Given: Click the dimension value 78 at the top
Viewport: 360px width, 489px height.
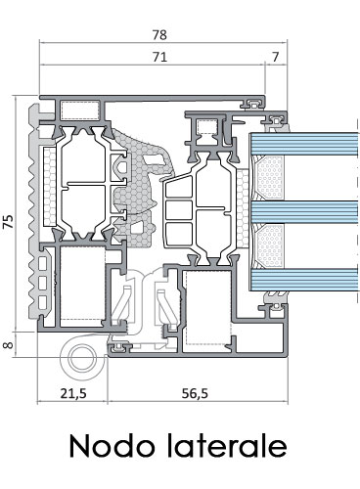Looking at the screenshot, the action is [x=159, y=35].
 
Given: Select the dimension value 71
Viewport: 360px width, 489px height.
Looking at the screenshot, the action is [x=159, y=57].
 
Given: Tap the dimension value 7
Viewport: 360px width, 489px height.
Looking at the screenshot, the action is [x=276, y=57].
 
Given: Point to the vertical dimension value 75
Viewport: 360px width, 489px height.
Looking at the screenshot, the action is [x=9, y=221].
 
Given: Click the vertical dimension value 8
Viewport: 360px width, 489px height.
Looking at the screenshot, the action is [x=9, y=344].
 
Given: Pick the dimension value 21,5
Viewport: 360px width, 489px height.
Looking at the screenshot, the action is [x=73, y=393].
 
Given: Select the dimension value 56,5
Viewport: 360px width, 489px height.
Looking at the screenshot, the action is [x=195, y=393].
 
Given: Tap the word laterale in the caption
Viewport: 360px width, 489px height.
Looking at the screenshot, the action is [x=227, y=446].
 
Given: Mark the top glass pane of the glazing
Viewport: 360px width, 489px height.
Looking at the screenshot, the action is [x=304, y=144].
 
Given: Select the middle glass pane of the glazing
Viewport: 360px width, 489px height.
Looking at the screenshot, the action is [x=304, y=212].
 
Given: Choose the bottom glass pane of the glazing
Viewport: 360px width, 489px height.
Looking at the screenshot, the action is [x=304, y=280].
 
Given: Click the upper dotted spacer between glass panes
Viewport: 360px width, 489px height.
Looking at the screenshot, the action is [x=269, y=178].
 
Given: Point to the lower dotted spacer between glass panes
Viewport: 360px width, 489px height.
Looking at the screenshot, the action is [x=269, y=245].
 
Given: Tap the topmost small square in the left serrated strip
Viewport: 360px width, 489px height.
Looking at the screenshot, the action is [x=43, y=263].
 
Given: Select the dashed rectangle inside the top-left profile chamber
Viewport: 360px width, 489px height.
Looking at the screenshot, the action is [x=80, y=111].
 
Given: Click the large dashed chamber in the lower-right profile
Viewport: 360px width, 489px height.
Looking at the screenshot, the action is [x=207, y=307].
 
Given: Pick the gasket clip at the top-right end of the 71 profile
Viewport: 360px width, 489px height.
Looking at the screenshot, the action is [x=253, y=104].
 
